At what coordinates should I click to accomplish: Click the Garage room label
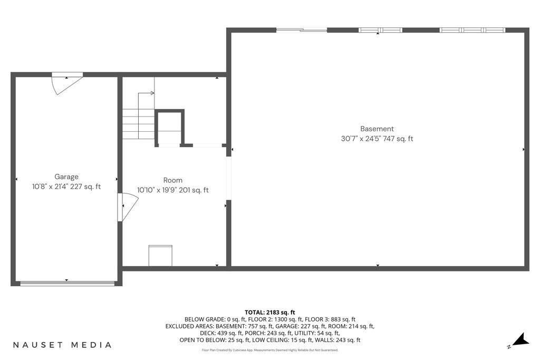[66, 177]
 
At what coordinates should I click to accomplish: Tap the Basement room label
[377, 129]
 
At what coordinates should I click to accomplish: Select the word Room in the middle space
[173, 180]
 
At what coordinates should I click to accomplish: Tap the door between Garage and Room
[128, 207]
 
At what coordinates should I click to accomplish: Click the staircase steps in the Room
[139, 124]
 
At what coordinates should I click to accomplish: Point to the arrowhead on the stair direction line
[152, 93]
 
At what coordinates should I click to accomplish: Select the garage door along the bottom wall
[67, 284]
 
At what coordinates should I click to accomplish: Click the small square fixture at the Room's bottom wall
[160, 255]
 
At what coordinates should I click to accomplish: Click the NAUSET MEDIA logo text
[62, 345]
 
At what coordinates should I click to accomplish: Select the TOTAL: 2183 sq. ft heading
[270, 313]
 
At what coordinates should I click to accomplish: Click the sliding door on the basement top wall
[302, 30]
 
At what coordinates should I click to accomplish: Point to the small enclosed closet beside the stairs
[169, 128]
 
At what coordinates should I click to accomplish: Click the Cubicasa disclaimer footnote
[270, 350]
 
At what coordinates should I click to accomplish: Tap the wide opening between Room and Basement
[228, 178]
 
